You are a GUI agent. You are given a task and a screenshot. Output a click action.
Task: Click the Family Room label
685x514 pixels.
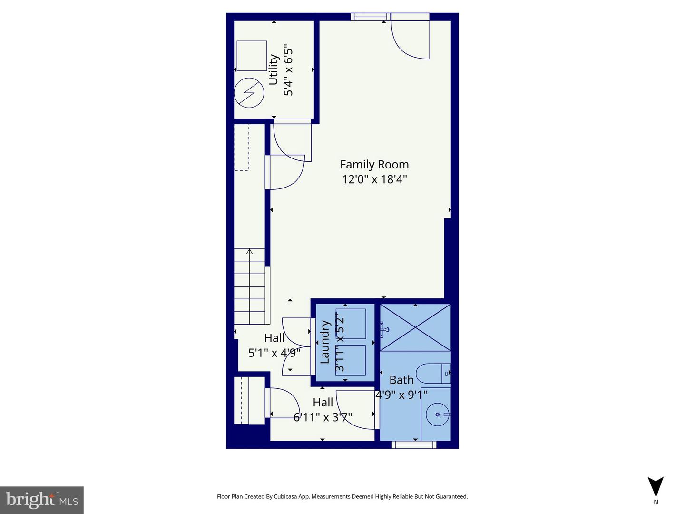[x=374, y=165]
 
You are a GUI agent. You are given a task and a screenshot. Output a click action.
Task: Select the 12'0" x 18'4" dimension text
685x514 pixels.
[x=374, y=179]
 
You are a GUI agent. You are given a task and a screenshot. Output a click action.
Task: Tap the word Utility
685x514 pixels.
[x=274, y=69]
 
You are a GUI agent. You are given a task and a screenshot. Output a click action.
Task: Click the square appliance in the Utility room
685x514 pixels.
[x=252, y=56]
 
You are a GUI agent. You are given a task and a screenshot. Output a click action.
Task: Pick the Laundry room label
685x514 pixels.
[x=325, y=342]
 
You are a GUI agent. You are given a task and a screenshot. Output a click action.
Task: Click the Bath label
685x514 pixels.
[x=401, y=380]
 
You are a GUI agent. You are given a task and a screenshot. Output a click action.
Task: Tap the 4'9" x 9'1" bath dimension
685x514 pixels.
[x=401, y=395]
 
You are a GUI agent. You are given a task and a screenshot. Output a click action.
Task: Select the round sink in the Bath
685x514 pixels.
[x=437, y=415]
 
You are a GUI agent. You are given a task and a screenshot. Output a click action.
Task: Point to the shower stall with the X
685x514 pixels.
[x=415, y=327]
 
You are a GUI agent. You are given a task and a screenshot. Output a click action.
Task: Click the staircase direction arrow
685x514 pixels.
[x=249, y=251]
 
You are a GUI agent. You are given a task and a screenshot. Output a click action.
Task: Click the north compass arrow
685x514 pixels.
[x=656, y=487]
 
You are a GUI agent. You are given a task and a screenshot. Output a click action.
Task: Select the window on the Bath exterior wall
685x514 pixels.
[x=414, y=445]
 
